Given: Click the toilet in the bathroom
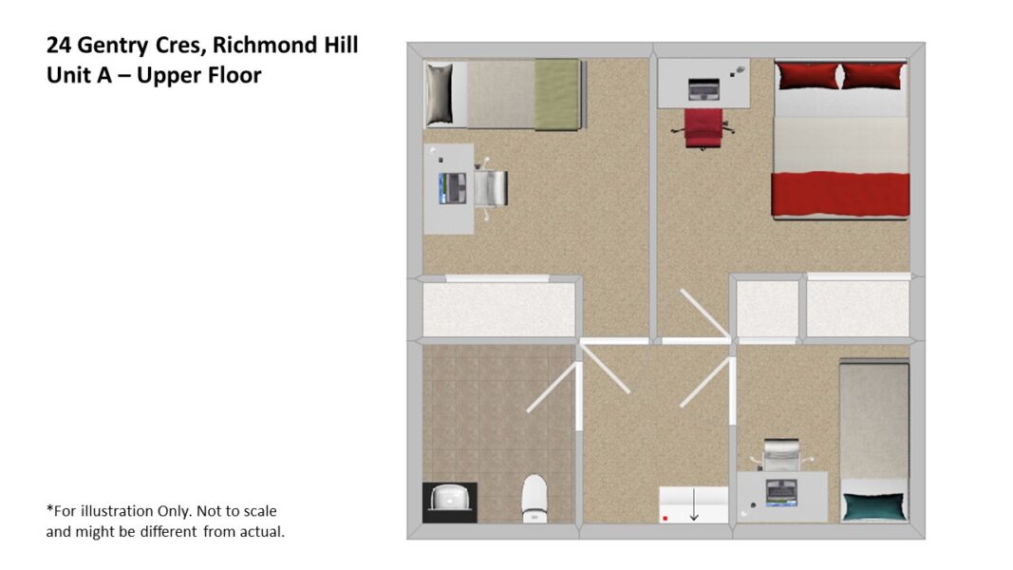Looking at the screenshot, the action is click(x=535, y=498).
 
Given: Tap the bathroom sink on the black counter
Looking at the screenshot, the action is click(x=450, y=498).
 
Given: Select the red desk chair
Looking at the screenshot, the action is click(x=703, y=128).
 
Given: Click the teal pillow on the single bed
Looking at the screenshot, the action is click(x=874, y=506).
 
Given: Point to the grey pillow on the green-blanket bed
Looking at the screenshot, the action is click(x=440, y=94).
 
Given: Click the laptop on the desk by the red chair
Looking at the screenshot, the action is click(x=703, y=89).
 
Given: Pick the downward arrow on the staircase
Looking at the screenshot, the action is click(x=693, y=504).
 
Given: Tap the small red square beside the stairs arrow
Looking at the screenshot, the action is click(x=665, y=519).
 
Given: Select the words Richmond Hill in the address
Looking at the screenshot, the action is click(x=285, y=45).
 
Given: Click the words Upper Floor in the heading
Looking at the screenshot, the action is click(x=198, y=76).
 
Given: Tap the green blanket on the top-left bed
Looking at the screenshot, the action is click(x=556, y=94).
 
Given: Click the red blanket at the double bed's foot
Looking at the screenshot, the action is click(x=840, y=194).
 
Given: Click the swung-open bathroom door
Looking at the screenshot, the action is click(x=553, y=387).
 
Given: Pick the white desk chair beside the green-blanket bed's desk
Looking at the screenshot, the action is click(x=490, y=188).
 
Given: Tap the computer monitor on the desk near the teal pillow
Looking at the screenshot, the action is click(x=781, y=493).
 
